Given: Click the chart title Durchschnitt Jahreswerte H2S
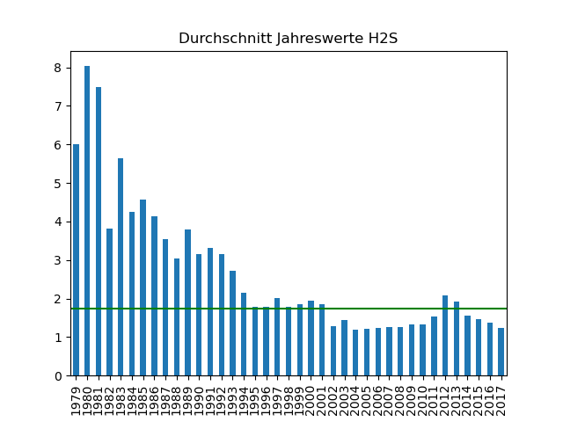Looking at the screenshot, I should click(288, 39).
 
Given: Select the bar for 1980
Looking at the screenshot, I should click(87, 221).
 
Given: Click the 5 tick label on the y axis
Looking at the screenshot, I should click(56, 184).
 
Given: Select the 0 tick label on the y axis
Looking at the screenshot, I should click(56, 376).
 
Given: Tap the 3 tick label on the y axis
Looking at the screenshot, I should click(56, 260).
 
